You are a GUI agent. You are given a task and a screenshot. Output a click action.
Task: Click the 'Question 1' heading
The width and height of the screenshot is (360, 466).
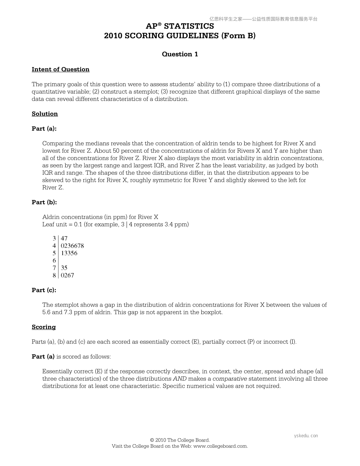180,54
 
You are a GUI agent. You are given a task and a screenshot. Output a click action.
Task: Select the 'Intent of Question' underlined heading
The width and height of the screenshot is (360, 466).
61,69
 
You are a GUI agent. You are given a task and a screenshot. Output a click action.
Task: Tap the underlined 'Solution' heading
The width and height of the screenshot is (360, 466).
45,114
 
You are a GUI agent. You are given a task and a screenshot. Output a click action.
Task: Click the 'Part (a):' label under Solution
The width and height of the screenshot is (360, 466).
44,129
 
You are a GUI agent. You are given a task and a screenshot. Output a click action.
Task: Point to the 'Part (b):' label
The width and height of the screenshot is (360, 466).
44,202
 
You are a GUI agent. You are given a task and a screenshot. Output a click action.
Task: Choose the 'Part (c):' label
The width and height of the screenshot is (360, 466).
44,290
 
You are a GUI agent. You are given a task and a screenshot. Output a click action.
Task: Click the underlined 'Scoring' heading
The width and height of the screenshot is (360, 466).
44,327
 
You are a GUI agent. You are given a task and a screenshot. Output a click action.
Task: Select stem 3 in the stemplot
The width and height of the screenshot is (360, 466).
54,239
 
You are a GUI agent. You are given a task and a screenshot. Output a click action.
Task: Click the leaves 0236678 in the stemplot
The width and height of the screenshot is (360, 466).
72,246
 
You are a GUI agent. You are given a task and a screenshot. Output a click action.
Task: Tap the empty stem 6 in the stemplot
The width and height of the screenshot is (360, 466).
54,261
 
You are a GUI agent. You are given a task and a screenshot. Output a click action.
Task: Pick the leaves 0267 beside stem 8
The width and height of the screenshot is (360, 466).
67,275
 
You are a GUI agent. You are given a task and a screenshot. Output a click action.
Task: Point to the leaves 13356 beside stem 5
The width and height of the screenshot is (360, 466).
69,253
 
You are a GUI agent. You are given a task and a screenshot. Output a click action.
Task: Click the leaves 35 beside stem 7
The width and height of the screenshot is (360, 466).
64,268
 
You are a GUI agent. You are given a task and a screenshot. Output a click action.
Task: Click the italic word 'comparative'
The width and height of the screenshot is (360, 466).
230,379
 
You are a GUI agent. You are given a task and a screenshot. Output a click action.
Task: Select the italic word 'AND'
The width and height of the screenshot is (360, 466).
179,379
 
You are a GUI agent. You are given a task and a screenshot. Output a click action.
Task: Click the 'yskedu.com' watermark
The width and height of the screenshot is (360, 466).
306,436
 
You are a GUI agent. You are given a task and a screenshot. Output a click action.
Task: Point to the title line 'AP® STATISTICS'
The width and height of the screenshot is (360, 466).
180,26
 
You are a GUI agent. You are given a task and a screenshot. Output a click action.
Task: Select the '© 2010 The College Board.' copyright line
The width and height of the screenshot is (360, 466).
180,440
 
